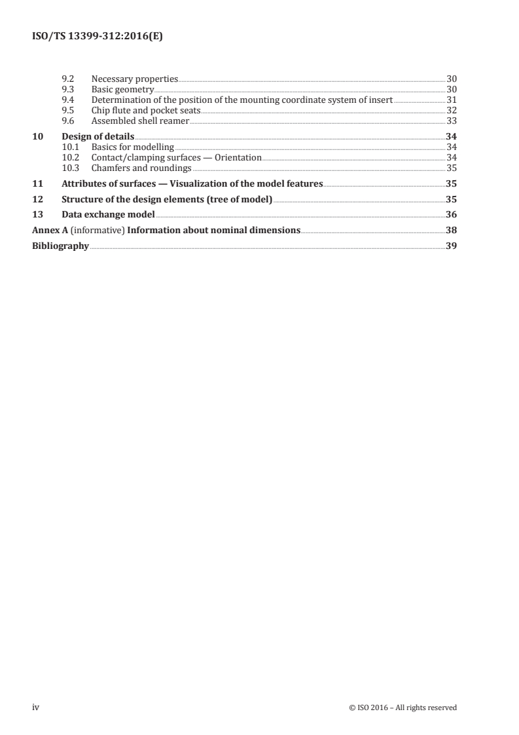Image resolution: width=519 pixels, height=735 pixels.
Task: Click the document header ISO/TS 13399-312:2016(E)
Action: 97,37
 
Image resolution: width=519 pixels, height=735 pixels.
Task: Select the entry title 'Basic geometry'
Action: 122,89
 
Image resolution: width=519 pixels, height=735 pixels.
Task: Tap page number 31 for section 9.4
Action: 451,100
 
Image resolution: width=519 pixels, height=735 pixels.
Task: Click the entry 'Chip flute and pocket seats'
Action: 145,110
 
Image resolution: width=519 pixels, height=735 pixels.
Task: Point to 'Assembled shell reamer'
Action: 140,121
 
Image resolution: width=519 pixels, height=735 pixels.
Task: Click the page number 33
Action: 451,121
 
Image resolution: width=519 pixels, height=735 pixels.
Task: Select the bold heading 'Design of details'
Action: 98,136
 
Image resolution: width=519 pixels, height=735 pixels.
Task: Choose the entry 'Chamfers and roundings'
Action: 137,168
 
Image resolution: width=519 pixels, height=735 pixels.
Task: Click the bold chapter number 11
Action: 37,184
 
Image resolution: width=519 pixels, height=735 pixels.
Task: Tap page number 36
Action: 451,215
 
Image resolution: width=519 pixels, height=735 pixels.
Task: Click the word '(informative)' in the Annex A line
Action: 96,231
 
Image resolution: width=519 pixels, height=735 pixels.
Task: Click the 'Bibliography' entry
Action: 60,246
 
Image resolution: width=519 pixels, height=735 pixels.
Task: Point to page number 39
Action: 451,246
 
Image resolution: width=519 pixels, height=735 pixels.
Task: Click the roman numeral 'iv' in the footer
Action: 37,707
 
